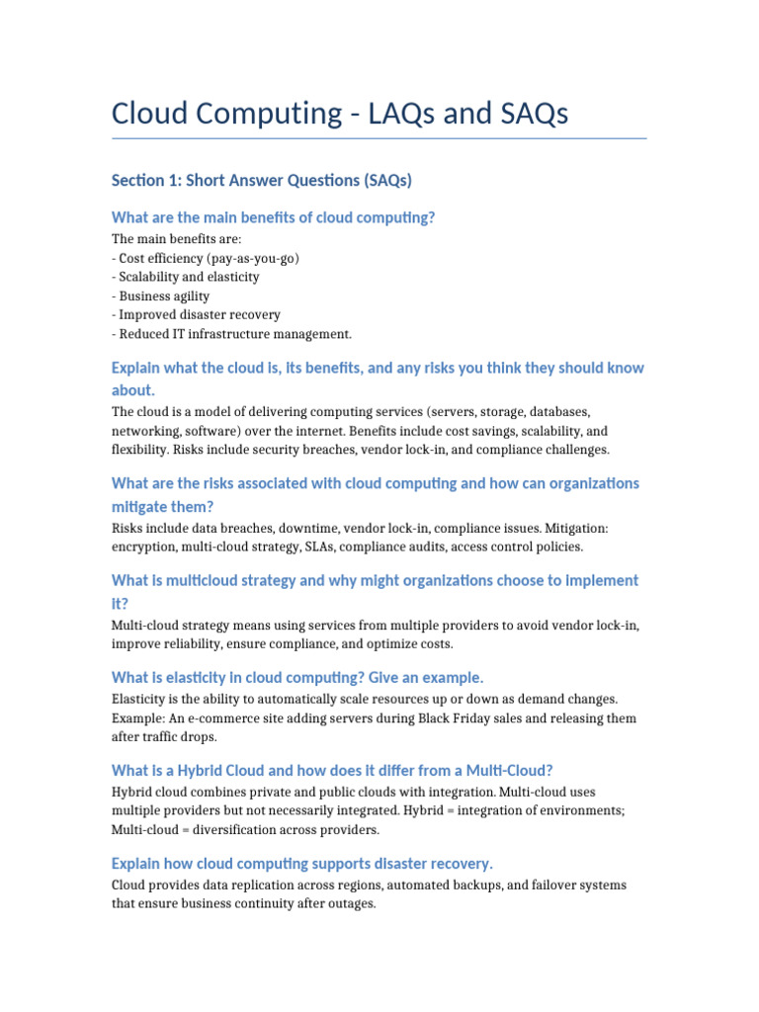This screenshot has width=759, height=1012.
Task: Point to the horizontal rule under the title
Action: pos(379,138)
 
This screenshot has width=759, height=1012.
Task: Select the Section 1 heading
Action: pos(261,180)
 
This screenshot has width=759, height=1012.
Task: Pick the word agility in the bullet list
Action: pos(188,295)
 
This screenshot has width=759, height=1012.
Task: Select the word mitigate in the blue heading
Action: pos(139,506)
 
